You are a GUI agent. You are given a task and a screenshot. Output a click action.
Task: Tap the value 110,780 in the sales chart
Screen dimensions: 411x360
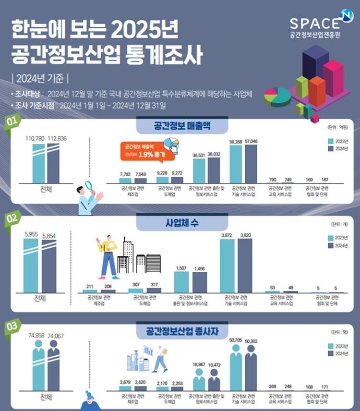coord(35,138)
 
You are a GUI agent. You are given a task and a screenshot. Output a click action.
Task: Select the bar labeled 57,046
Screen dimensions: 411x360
coord(252,164)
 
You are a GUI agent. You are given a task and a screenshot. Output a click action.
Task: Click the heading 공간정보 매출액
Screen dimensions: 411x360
coord(176,126)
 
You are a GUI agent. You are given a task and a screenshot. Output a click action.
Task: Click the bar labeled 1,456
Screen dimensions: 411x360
coord(200,282)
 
